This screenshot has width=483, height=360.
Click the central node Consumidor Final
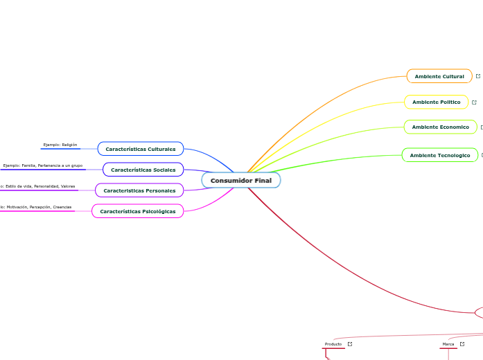tap(241, 181)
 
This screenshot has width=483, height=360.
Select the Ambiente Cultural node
tap(439, 76)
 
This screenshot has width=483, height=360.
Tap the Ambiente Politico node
tap(436, 102)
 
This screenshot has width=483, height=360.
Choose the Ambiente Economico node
tap(440, 127)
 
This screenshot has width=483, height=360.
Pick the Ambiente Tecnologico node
tap(439, 156)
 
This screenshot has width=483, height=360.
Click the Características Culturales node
tap(141, 149)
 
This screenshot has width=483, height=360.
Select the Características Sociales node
tap(143, 170)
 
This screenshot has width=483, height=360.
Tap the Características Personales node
tap(139, 190)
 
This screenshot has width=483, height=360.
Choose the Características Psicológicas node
tap(138, 211)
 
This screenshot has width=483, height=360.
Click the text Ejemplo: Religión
tap(60, 145)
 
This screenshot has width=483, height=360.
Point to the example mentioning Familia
tap(43, 165)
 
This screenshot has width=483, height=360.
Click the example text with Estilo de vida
tap(39, 186)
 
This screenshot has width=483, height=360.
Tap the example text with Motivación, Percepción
tap(36, 207)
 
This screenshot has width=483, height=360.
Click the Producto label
tap(333, 344)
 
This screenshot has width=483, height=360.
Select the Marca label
tap(448, 344)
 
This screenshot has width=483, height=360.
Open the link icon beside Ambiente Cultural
tap(478, 76)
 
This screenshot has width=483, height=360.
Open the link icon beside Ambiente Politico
tap(474, 102)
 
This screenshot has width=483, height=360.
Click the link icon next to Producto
tap(350, 344)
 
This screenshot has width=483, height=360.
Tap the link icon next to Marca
tap(462, 344)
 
